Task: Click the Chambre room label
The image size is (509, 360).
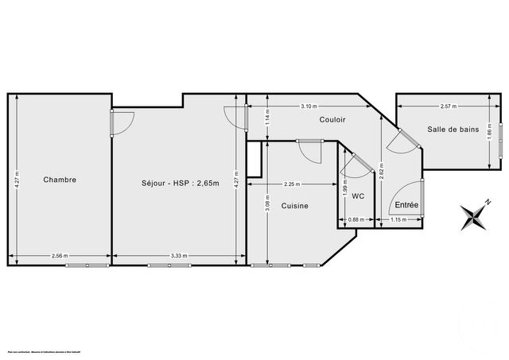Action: coord(60,180)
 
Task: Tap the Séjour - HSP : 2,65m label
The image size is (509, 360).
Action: coord(176,180)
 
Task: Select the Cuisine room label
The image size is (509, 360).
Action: coord(294,205)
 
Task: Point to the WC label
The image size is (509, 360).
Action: coord(358,195)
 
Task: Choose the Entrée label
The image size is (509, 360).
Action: coord(406,204)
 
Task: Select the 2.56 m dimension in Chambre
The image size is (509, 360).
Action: coord(59,256)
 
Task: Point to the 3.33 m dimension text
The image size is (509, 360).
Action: coord(178,256)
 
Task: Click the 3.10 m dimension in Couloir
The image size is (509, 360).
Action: coord(309,106)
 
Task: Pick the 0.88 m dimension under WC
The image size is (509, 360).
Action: coord(356,220)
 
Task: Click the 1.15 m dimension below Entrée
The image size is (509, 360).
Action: coord(399,220)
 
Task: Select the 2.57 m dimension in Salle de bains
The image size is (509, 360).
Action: coord(449,106)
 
